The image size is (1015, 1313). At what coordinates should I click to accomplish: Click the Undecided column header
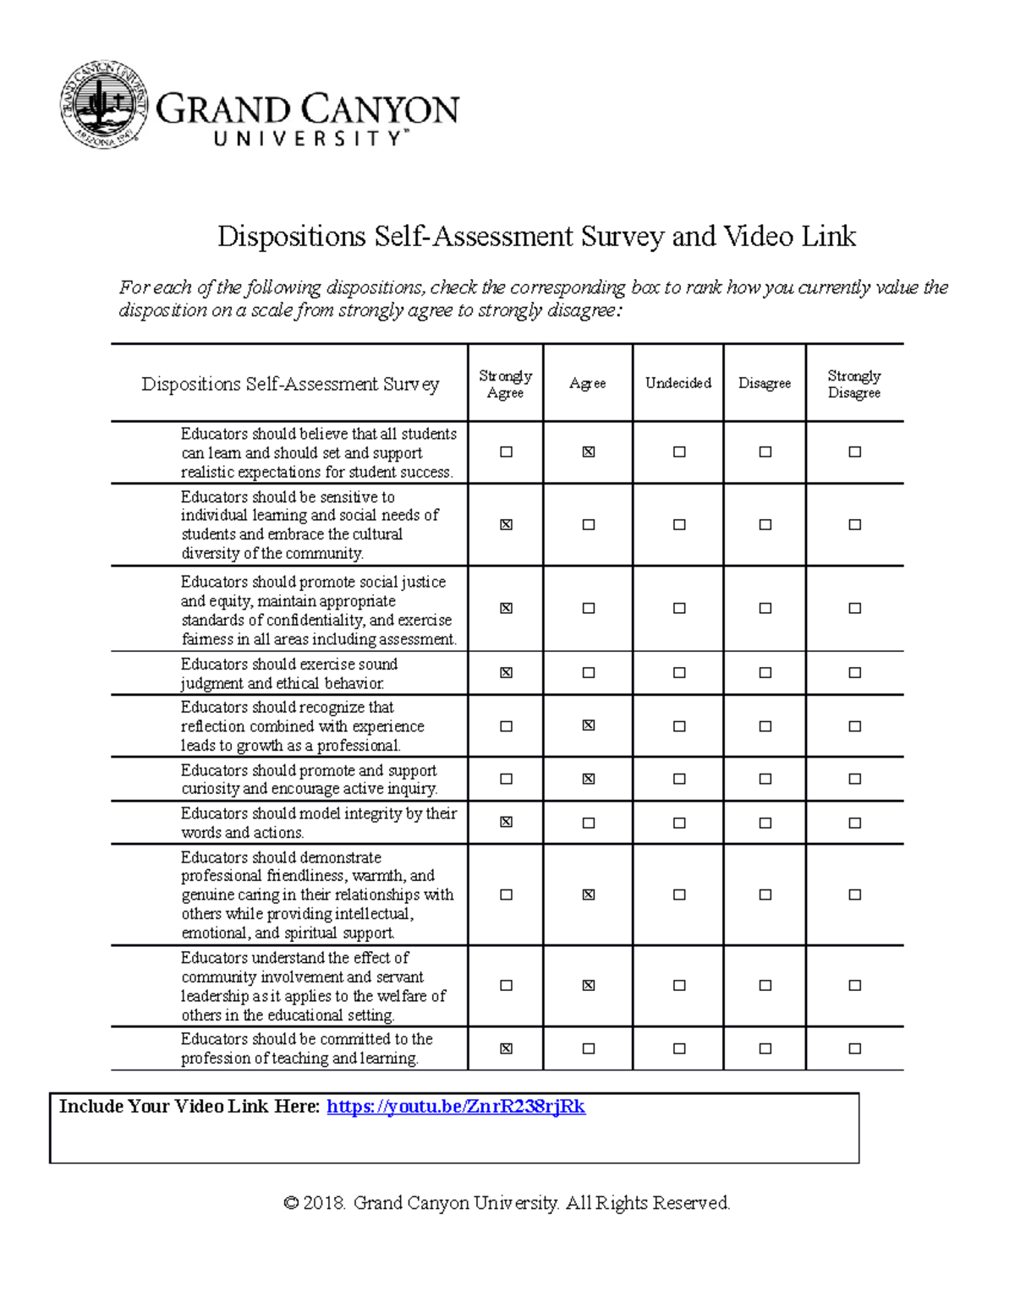(x=678, y=383)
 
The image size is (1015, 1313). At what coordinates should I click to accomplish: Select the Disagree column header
(x=764, y=383)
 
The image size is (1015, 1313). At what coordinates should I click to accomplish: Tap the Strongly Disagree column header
(x=853, y=384)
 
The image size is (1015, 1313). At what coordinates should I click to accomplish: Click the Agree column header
(x=587, y=383)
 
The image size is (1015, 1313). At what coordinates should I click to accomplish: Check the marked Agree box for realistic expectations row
(x=589, y=452)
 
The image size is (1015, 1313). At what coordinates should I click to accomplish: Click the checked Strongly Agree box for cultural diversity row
(x=506, y=525)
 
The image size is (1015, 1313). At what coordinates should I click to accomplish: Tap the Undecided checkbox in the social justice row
(x=679, y=608)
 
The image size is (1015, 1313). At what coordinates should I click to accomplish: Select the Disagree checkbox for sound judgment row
(x=765, y=673)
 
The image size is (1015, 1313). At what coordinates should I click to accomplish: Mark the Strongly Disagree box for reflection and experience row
(x=854, y=726)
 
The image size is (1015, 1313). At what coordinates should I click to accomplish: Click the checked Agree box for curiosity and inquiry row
(x=589, y=779)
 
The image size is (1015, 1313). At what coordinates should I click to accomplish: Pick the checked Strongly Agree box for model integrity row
(x=506, y=822)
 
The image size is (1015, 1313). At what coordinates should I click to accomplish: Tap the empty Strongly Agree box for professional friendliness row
(x=506, y=894)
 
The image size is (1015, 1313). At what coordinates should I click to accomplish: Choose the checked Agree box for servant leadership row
(x=589, y=985)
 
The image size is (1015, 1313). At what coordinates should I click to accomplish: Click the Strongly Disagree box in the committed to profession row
(x=854, y=1048)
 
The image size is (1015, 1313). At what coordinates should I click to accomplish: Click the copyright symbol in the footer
(x=291, y=1203)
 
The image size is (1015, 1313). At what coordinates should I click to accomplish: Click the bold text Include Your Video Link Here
(x=189, y=1107)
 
